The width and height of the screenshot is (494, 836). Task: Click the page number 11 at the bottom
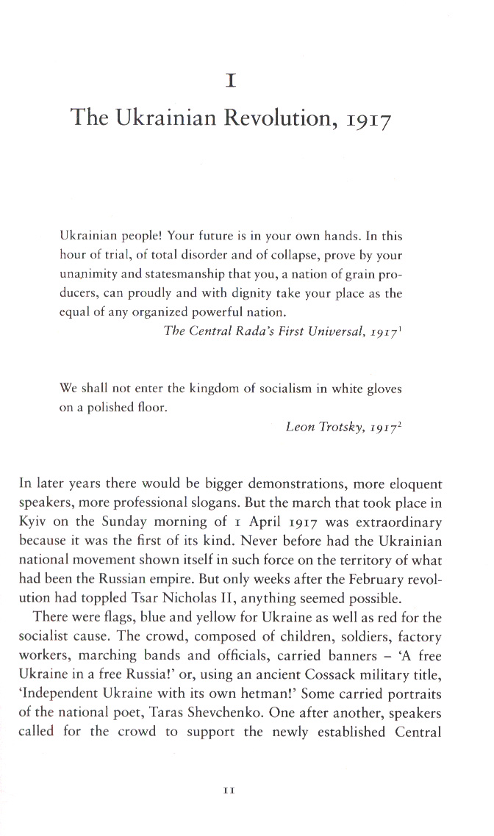(x=228, y=790)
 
